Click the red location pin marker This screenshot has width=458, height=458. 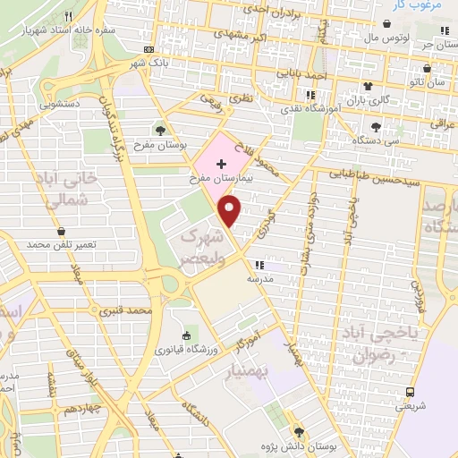point(231,211)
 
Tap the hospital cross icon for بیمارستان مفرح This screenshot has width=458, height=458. point(222,164)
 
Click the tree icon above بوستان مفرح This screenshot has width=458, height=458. point(160,130)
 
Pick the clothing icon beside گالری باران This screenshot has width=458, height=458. point(368,85)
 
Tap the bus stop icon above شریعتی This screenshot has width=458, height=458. point(411,392)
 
